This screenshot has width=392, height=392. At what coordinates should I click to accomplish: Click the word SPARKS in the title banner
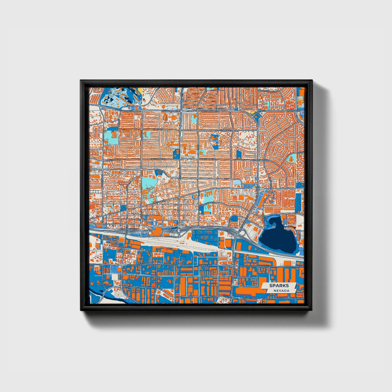(x=279, y=286)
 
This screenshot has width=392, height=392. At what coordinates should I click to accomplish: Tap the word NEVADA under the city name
(x=281, y=291)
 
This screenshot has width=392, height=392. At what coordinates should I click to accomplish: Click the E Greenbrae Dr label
(x=261, y=160)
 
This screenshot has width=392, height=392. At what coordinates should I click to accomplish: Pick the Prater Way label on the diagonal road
(x=158, y=202)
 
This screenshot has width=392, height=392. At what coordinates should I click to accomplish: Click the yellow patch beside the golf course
(x=140, y=90)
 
